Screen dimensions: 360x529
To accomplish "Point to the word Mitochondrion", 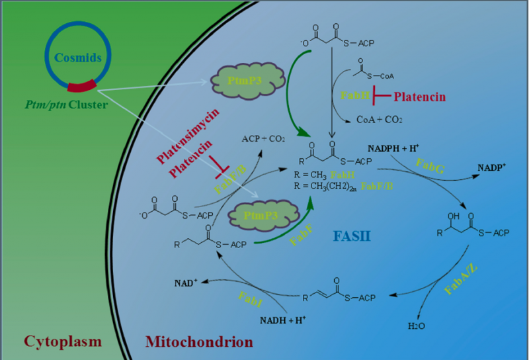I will coord(198,342).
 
